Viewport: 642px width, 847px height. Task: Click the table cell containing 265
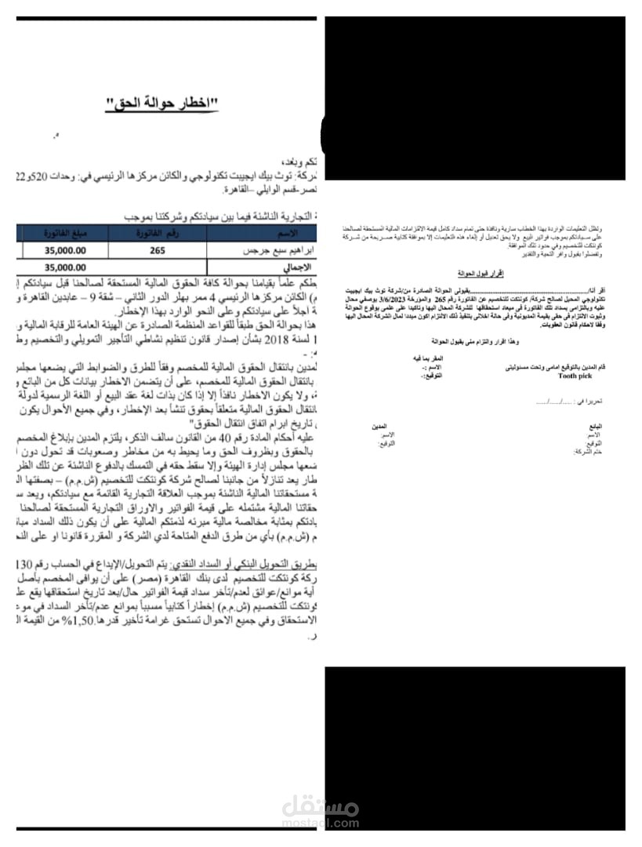pos(158,250)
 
